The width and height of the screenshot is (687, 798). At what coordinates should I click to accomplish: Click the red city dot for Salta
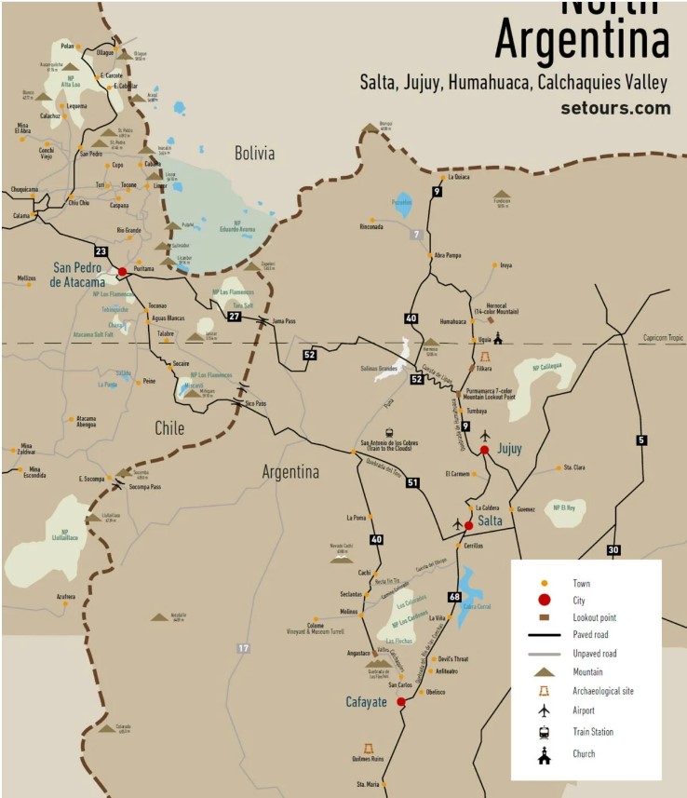coord(468,525)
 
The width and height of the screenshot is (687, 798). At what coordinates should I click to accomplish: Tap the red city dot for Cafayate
coord(401,702)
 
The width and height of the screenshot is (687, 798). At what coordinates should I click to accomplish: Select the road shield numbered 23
coord(101,251)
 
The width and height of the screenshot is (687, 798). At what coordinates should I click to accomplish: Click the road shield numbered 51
coord(412,481)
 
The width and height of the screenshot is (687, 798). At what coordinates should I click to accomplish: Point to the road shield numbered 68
coord(454,597)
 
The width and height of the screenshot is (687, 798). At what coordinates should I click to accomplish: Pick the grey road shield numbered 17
coord(244,648)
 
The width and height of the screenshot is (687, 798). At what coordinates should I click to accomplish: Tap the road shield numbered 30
coord(613,549)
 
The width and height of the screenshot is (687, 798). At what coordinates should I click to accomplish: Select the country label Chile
coord(168,427)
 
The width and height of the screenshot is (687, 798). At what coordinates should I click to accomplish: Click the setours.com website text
coord(615,107)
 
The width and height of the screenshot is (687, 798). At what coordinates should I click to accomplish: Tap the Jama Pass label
coord(285,321)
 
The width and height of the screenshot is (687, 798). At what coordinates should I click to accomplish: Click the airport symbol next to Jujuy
coord(485,435)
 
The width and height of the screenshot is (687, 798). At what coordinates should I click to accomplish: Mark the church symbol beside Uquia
coord(498,338)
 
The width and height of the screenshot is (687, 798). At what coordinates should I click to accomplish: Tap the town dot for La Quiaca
coord(444,176)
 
